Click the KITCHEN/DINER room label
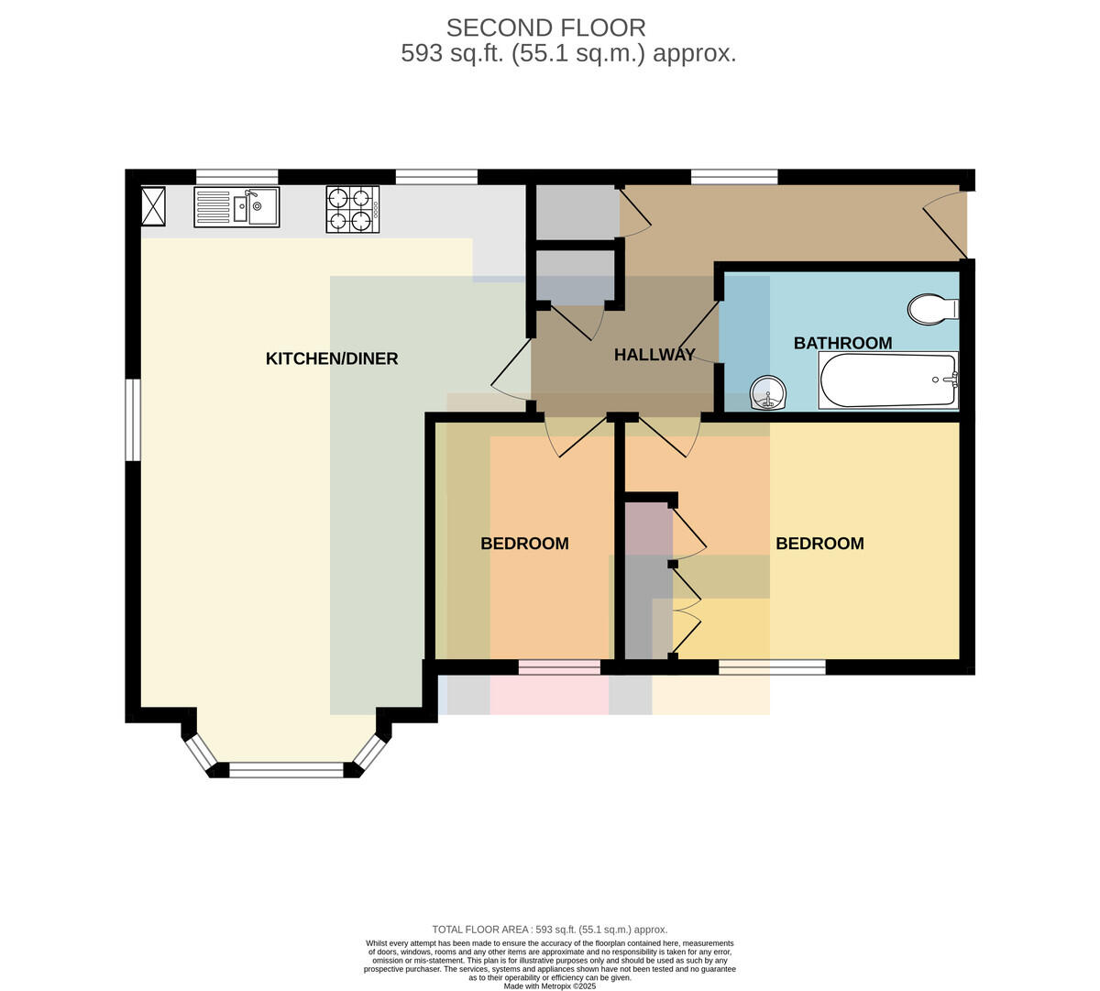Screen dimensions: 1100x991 tap(332, 358)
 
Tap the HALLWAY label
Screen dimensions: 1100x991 tap(654, 355)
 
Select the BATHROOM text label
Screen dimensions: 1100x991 tap(842, 343)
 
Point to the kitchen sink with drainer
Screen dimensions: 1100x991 tap(236, 207)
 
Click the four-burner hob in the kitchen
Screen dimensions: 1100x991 tap(353, 209)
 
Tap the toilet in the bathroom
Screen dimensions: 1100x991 tap(933, 310)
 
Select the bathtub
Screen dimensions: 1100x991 tap(888, 380)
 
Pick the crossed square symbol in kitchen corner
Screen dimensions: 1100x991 tap(153, 206)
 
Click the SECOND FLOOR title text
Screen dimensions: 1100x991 tap(546, 28)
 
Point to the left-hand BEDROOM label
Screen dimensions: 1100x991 tap(524, 544)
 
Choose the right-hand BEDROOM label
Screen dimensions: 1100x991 tap(819, 544)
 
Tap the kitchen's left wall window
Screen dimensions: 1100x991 tap(133, 420)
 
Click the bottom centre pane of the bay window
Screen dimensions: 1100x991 tap(286, 770)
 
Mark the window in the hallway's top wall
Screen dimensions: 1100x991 tap(734, 177)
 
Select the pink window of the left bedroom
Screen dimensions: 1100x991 tap(559, 666)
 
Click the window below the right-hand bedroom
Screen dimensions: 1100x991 tap(772, 666)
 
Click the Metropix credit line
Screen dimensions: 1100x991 tap(549, 986)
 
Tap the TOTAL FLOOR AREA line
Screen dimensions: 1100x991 tap(549, 930)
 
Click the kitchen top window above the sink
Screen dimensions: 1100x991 tap(236, 177)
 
